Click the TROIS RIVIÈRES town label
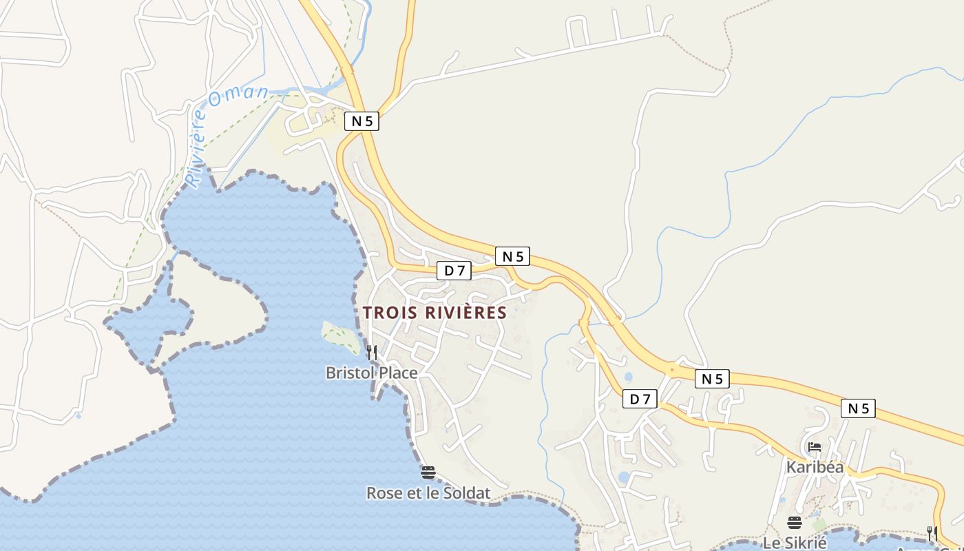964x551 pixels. pos(434,313)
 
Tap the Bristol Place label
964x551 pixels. pos(371,373)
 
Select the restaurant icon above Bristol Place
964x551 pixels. pos(371,353)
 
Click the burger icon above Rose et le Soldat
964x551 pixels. pos(428,472)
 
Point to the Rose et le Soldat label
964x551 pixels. pos(428,493)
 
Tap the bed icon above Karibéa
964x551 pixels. pos(815,446)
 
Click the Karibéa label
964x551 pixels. pos(815,467)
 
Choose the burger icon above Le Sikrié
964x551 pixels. pos(795,522)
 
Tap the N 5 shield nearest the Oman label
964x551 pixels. pos(362,121)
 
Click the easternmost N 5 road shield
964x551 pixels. pos(858,408)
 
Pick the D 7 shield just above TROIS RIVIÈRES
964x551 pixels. pos(454,271)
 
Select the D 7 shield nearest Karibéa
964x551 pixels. pos(640,398)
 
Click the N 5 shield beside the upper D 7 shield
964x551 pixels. pos(512,256)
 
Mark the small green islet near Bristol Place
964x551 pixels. pos(341,337)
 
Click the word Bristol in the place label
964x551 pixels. pos(348,373)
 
